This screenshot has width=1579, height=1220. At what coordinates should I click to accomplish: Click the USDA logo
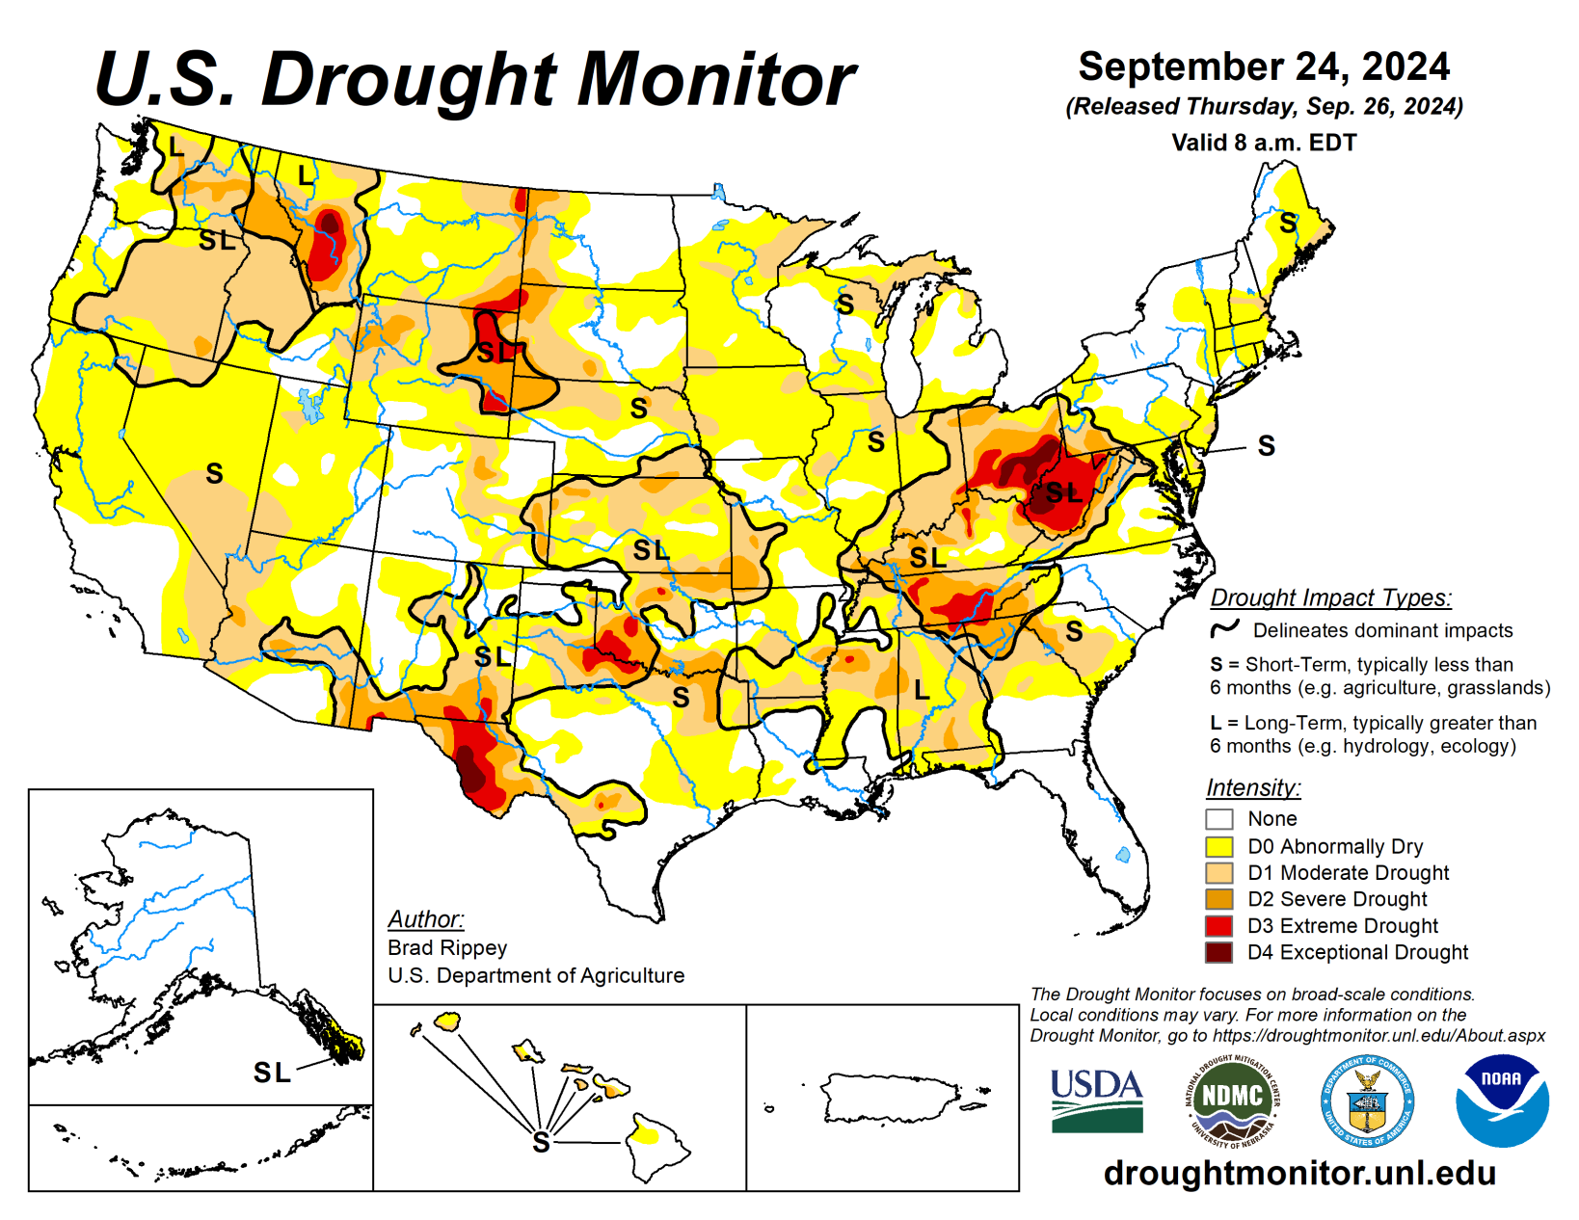[1096, 1100]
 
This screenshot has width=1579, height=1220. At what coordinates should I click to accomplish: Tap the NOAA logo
[1501, 1101]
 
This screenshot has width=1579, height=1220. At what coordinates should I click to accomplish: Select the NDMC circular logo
[1232, 1101]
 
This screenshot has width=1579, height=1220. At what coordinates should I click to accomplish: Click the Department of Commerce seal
[1367, 1101]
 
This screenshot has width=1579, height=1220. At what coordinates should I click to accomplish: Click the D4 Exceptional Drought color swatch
[1219, 952]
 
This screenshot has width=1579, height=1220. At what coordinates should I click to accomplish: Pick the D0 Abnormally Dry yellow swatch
[1219, 846]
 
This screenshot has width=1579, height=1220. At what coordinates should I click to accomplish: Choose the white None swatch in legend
[1219, 819]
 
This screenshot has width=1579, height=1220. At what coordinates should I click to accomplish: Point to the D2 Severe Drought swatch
[1219, 899]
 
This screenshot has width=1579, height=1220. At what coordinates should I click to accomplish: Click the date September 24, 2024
[1263, 66]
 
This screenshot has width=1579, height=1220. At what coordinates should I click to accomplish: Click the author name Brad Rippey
[447, 947]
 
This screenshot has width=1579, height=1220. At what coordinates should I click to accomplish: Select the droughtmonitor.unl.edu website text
[1299, 1173]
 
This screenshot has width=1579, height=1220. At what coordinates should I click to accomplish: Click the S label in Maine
[1288, 223]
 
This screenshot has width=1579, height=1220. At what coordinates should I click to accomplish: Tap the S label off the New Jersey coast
[1266, 445]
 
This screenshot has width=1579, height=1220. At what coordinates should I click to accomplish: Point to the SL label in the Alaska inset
[272, 1072]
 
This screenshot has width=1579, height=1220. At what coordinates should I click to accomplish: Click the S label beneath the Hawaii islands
[542, 1143]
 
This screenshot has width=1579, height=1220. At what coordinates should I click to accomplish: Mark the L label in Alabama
[922, 690]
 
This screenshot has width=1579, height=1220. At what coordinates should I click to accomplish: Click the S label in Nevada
[214, 473]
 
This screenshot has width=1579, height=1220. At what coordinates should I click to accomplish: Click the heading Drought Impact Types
[1330, 597]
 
